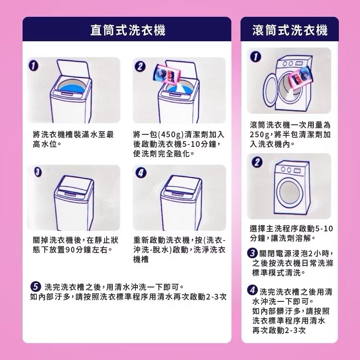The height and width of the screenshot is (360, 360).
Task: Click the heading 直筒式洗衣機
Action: click(128, 30)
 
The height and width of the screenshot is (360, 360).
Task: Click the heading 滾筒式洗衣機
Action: click(290, 30)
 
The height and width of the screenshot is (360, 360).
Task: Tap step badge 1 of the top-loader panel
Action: click(33, 66)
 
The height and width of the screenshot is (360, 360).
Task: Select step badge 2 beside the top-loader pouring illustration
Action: click(140, 66)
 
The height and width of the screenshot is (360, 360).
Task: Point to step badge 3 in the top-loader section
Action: click(38, 172)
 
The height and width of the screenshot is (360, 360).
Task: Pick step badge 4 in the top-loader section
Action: click(141, 173)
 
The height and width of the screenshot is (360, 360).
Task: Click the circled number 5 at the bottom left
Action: click(36, 287)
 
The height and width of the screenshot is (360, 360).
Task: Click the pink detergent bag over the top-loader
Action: click(167, 75)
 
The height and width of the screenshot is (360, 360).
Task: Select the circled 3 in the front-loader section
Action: click(252, 253)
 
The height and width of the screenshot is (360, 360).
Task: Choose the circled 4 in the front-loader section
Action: click(252, 290)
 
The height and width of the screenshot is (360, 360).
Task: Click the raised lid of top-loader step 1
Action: click(73, 70)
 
